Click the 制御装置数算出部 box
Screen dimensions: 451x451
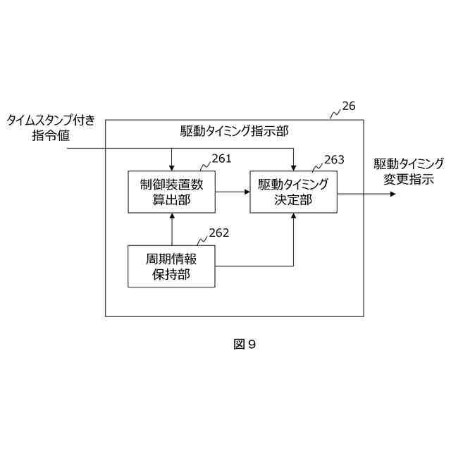click(x=171, y=192)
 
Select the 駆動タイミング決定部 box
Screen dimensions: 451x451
click(x=293, y=192)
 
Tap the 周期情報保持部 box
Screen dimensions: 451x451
click(x=171, y=266)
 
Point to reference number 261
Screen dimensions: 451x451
click(x=221, y=159)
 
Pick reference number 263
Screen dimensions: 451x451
click(x=334, y=160)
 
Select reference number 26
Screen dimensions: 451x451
click(x=349, y=106)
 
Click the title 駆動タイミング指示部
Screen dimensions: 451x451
click(x=235, y=131)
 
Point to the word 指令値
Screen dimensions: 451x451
click(x=53, y=136)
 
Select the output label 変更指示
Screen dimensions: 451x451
click(x=409, y=179)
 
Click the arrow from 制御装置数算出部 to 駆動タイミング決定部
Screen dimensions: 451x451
click(x=232, y=192)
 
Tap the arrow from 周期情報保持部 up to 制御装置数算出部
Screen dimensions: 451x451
click(x=171, y=228)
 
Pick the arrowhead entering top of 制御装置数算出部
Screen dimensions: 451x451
click(x=171, y=166)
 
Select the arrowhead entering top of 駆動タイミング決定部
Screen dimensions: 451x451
click(x=293, y=166)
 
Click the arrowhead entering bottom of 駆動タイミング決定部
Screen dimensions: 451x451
click(x=293, y=217)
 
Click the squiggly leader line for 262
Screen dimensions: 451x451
click(x=202, y=239)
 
